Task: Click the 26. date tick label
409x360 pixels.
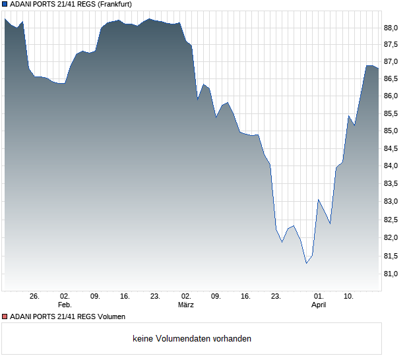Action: click(34, 297)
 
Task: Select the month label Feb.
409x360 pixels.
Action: click(65, 305)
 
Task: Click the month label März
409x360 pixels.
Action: click(186, 305)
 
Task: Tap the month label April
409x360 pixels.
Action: click(319, 305)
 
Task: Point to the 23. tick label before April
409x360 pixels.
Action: click(276, 297)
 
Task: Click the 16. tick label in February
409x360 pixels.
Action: click(125, 297)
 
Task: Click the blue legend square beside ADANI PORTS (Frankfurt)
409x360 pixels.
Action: click(5, 5)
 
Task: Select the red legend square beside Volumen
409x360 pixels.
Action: click(5, 316)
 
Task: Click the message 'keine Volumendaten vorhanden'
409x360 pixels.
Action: click(192, 338)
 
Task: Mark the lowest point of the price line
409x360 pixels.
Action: click(306, 264)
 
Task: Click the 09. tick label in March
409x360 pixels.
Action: click(216, 297)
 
